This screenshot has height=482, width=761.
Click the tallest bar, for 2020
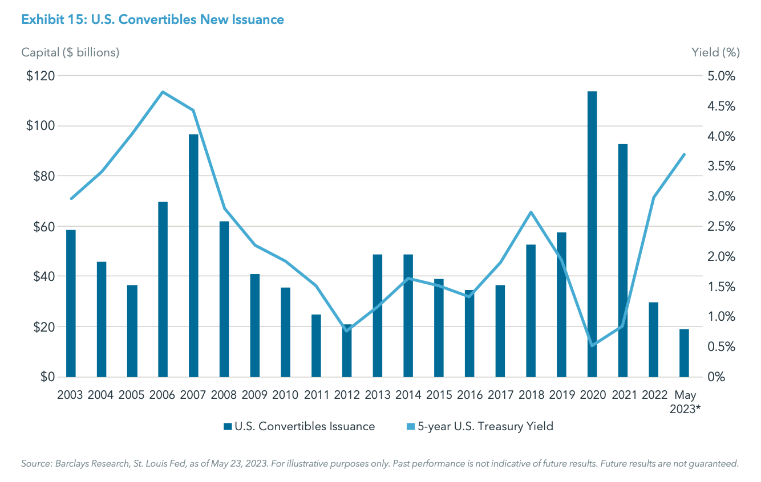(592, 234)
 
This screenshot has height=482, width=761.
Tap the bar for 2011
(316, 345)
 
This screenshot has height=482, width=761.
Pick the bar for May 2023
(684, 353)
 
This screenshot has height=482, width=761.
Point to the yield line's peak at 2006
(163, 92)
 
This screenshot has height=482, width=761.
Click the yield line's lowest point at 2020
(592, 345)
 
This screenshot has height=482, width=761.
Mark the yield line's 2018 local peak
(531, 212)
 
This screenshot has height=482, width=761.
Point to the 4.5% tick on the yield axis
(720, 107)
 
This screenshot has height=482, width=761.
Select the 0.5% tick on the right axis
(720, 347)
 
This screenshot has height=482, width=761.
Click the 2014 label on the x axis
(408, 395)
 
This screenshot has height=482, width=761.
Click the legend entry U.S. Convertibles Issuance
(299, 426)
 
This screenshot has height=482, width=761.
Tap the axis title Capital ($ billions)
(70, 52)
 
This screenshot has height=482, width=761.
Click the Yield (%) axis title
(715, 52)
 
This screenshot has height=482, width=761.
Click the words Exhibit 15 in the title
(46, 19)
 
